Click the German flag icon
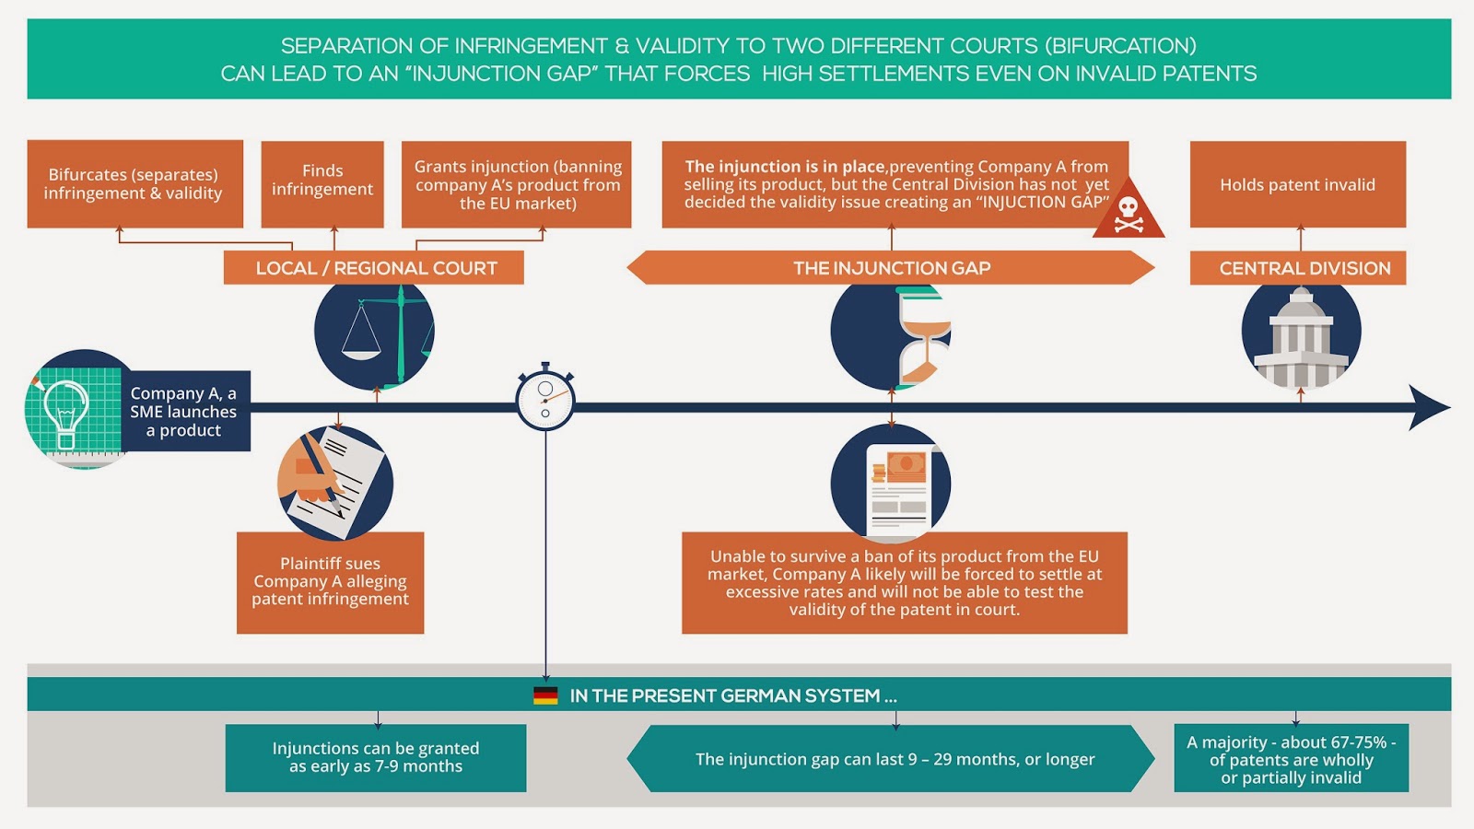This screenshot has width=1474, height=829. click(x=545, y=695)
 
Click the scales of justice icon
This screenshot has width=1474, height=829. click(x=374, y=333)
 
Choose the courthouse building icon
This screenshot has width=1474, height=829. click(x=1301, y=335)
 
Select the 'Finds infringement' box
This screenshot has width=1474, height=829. click(x=322, y=183)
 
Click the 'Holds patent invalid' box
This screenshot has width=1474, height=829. click(x=1297, y=184)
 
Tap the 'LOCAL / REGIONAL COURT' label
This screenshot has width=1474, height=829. click(x=374, y=268)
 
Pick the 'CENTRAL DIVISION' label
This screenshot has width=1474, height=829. click(x=1297, y=268)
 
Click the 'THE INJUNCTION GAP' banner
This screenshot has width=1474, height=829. click(x=891, y=268)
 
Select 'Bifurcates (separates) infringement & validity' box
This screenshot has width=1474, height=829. click(x=135, y=183)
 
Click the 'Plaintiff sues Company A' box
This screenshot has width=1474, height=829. click(x=330, y=582)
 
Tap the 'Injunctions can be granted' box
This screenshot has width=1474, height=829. click(x=376, y=757)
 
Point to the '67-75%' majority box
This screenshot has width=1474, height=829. click(x=1291, y=758)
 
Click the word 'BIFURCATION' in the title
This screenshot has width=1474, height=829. click(x=1123, y=46)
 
